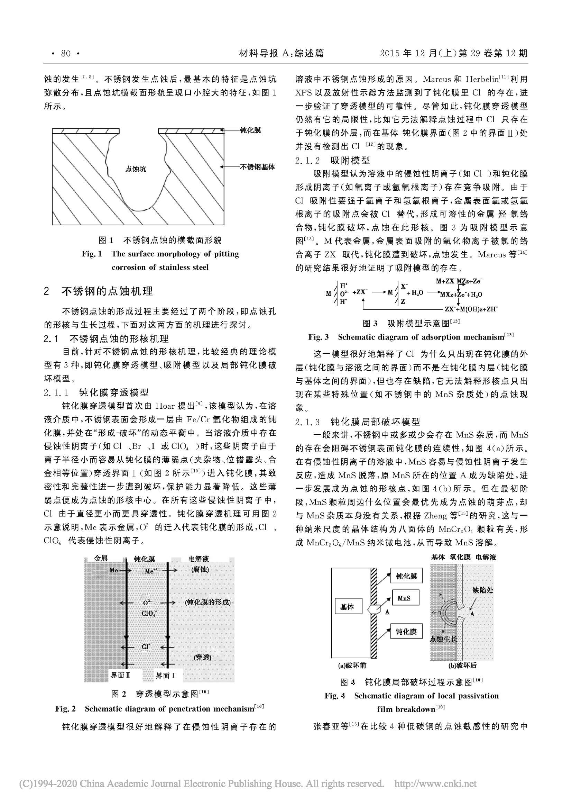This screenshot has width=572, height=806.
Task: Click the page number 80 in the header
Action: coord(66,54)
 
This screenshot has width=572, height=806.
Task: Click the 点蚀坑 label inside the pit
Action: coord(136,169)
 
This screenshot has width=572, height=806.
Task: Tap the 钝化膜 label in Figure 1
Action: coord(250,130)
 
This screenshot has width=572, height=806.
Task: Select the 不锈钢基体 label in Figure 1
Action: coord(258,167)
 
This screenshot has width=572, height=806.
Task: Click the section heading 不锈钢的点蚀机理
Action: coord(108,291)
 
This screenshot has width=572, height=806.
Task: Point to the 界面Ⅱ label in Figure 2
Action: coord(120,675)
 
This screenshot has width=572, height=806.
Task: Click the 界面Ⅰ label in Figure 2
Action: coord(165,675)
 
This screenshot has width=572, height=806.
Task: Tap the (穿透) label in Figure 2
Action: coord(203,657)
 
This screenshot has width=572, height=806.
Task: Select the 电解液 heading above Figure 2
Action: coord(199,559)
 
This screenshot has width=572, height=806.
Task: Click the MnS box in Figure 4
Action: coord(404,598)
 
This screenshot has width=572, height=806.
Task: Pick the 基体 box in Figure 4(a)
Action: coord(347,607)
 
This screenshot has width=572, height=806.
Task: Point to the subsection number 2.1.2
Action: coord(307,161)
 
